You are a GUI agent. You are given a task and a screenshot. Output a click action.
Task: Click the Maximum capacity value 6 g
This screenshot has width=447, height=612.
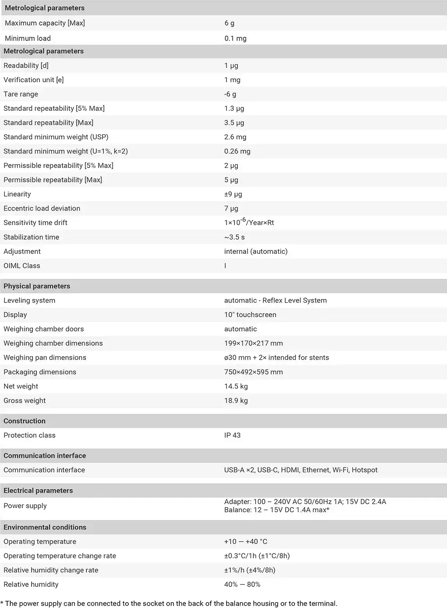pyautogui.click(x=229, y=23)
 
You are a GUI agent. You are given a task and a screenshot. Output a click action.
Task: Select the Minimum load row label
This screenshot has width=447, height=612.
pyautogui.click(x=28, y=38)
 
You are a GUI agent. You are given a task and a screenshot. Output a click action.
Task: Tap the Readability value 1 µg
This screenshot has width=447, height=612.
pyautogui.click(x=231, y=66)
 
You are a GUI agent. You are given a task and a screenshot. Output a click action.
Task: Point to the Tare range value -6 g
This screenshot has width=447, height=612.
pyautogui.click(x=230, y=94)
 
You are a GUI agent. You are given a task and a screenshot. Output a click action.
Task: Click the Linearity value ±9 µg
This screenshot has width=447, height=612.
pyautogui.click(x=233, y=194)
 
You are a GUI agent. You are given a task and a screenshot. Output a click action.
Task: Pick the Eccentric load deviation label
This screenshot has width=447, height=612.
pyautogui.click(x=42, y=208)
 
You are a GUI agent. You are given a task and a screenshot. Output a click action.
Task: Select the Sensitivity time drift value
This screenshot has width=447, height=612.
pyautogui.click(x=249, y=222)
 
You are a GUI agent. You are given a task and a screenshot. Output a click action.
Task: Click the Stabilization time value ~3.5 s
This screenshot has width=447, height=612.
pyautogui.click(x=234, y=237)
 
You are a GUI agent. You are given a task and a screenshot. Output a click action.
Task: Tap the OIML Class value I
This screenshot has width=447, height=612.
pyautogui.click(x=225, y=266)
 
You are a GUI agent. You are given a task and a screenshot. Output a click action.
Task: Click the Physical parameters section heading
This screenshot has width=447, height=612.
pyautogui.click(x=37, y=286)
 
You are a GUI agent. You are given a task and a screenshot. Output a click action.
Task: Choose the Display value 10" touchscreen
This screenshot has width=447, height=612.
pyautogui.click(x=250, y=315)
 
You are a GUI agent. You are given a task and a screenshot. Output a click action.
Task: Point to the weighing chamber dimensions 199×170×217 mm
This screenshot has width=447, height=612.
pyautogui.click(x=253, y=344)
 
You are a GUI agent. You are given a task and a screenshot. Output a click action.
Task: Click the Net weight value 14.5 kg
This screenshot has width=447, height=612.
pyautogui.click(x=236, y=387)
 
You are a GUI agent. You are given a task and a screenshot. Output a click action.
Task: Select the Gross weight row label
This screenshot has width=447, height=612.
pyautogui.click(x=25, y=401)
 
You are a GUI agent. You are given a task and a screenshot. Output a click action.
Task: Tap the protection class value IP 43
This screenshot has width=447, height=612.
pyautogui.click(x=232, y=435)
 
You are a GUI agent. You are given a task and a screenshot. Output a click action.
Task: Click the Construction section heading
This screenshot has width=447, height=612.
pyautogui.click(x=25, y=421)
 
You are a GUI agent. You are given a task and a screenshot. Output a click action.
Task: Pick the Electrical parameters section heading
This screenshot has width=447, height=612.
pyautogui.click(x=38, y=491)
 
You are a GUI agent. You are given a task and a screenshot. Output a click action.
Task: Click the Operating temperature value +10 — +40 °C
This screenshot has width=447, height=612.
pyautogui.click(x=245, y=542)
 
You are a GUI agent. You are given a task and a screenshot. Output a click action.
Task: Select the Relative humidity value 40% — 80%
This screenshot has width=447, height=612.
pyautogui.click(x=242, y=585)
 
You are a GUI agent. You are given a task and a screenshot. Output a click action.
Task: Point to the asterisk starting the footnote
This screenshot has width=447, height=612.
pyautogui.click(x=2, y=603)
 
